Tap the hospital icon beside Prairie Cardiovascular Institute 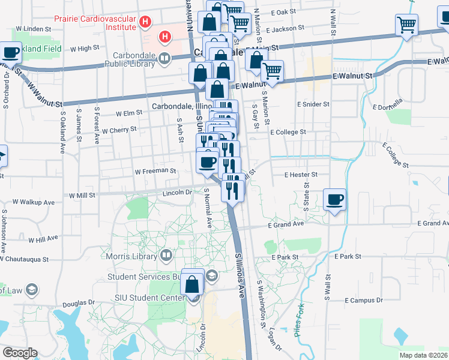(x=144, y=23)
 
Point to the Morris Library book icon (x=166, y=256)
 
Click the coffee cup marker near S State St (x=334, y=199)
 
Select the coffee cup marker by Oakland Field (x=10, y=53)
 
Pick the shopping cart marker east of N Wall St (x=406, y=25)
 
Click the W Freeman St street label (x=155, y=171)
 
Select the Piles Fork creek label (x=300, y=320)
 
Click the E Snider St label (x=314, y=104)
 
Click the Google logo (x=19, y=353)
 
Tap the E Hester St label (x=301, y=174)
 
